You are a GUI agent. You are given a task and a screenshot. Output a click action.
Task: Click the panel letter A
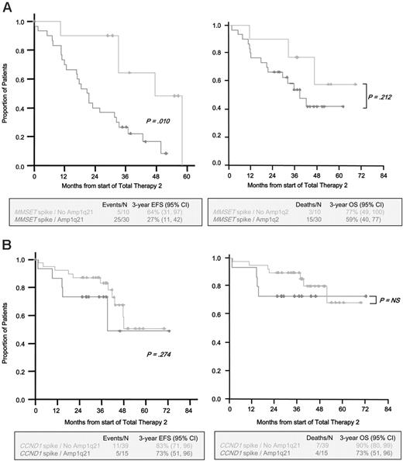6,7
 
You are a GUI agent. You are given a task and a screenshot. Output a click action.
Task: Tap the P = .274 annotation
160,355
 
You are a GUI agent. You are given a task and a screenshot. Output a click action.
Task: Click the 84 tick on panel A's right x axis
387,176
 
